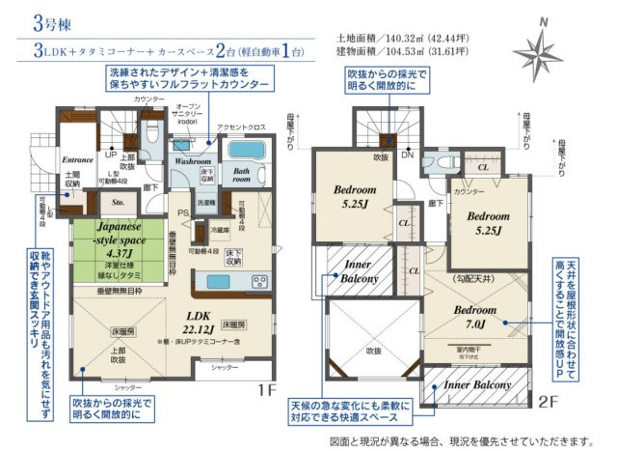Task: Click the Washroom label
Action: pos(191,162)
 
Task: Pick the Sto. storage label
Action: pos(120,203)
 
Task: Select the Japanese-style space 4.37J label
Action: pos(119,240)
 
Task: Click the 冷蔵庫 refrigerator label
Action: pos(219,230)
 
